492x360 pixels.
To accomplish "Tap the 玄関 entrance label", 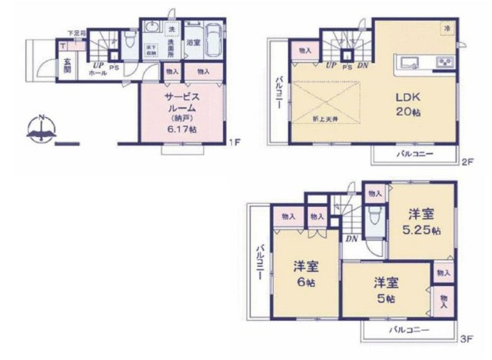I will coord(68,64).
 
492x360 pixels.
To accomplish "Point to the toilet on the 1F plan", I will coord(130,40).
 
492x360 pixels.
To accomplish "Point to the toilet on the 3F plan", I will coord(374,218).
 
